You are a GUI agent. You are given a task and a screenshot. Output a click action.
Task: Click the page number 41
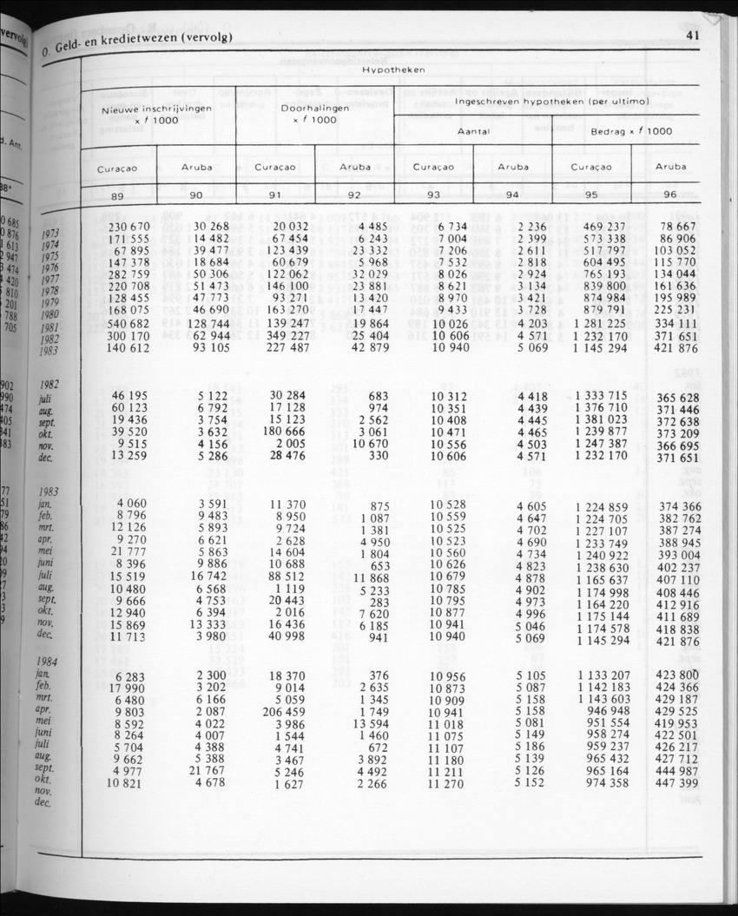pyautogui.click(x=692, y=36)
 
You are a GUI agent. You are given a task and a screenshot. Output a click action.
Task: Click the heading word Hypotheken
pyautogui.click(x=393, y=69)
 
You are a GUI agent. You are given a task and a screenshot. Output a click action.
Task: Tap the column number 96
pyautogui.click(x=669, y=195)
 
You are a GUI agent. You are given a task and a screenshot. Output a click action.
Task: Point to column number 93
pyautogui.click(x=433, y=195)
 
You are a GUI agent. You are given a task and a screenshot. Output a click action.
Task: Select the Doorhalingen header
pyautogui.click(x=314, y=109)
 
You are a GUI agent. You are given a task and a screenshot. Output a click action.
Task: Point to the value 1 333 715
pyautogui.click(x=600, y=396)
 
